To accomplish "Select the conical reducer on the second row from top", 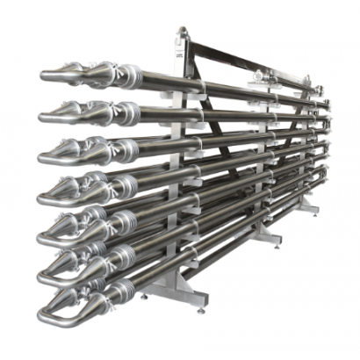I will [x=74, y=110].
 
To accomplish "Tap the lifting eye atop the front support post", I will [x=181, y=32].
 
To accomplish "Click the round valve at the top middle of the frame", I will [x=263, y=76].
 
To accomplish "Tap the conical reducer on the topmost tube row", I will [x=74, y=70].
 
